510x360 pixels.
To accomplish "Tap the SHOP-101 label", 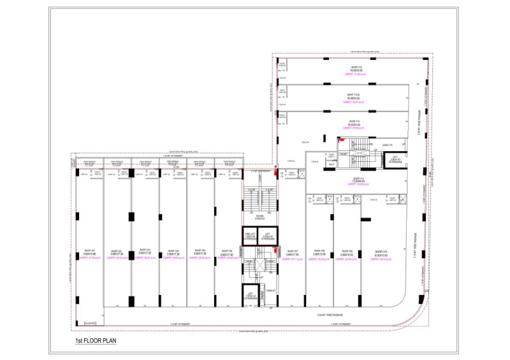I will coord(89,251).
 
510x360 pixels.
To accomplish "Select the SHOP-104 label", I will coord(173,251).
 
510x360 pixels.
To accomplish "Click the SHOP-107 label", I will coord(293,251).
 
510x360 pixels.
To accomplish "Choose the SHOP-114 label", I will coord(356,67).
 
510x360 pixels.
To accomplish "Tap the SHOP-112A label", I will coord(354,94).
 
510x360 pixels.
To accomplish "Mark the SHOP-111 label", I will coord(356,178).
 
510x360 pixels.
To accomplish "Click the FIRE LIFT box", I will coord(250,236).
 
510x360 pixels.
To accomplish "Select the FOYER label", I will coord(259,217).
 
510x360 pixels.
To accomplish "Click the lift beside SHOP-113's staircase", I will coord(395,159).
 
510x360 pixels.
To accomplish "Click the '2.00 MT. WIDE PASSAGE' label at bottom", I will coord(330,315).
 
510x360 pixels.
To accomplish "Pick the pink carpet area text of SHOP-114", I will coord(356,75).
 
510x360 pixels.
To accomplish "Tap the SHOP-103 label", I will coord(144,251).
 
